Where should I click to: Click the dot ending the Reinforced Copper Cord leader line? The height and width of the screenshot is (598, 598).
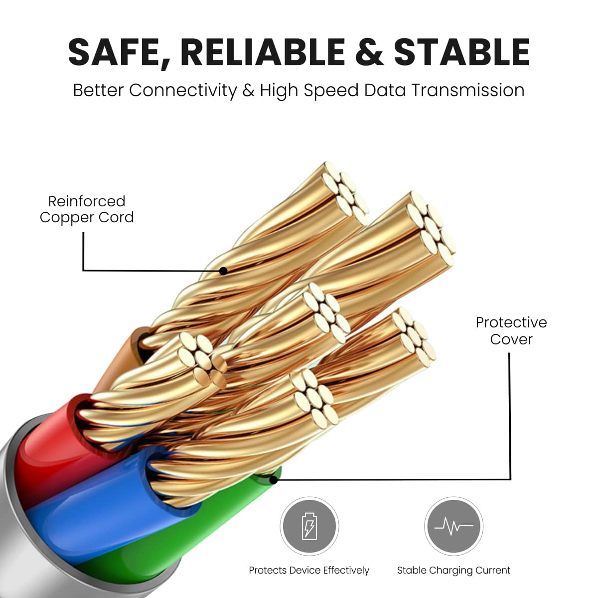[x=223, y=271]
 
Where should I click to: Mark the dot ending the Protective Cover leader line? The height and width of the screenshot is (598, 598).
[x=274, y=480]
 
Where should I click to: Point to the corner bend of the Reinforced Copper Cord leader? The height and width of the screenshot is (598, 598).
[x=84, y=270]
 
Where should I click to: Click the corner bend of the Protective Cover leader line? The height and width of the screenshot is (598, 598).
[x=510, y=479]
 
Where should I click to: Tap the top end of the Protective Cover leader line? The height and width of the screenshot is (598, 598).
[x=510, y=353]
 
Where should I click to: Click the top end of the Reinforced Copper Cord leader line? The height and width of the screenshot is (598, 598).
[x=84, y=232]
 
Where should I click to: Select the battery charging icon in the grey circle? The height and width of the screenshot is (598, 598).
[x=309, y=526]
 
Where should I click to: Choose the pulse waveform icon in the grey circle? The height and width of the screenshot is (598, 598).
[x=453, y=526]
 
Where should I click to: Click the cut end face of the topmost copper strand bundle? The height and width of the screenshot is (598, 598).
[x=345, y=194]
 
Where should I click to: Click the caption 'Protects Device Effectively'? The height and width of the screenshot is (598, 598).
[x=309, y=571]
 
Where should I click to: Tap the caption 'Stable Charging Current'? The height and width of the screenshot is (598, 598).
[x=453, y=571]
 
